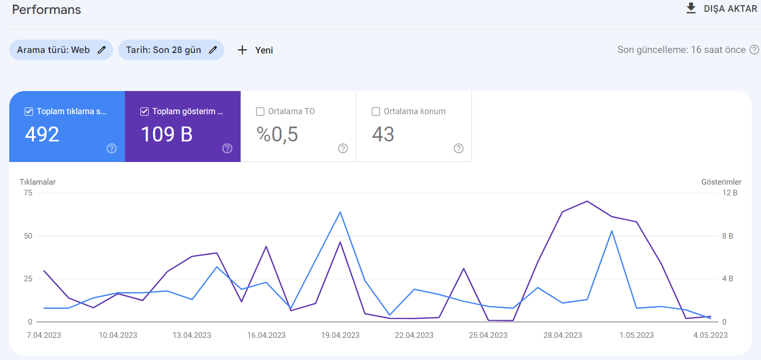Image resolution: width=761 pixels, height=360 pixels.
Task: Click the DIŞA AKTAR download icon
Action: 691,9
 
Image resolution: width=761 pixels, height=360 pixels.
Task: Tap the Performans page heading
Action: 47,10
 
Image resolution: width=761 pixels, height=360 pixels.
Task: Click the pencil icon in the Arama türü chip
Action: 102,50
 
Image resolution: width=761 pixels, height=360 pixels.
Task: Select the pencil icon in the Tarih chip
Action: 213,50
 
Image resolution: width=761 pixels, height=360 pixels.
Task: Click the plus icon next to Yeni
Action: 242,50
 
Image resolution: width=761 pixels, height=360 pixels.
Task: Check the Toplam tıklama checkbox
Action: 29,112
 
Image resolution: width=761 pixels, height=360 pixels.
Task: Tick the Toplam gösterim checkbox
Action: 144,112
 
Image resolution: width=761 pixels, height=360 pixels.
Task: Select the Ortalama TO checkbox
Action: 260,112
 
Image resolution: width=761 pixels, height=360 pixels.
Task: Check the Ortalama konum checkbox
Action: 376,112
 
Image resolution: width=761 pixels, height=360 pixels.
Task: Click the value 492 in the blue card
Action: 42,134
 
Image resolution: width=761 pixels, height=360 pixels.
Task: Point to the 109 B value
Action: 167,134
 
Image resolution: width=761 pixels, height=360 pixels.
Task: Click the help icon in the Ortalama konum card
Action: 459,149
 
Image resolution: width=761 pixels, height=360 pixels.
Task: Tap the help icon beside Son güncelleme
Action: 754,50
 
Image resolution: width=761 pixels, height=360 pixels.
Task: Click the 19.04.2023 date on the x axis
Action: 340,335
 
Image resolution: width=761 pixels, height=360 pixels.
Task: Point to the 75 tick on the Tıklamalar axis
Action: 28,193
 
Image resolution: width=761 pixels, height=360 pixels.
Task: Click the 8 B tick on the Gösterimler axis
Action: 728,236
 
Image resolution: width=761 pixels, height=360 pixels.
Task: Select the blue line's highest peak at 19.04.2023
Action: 340,212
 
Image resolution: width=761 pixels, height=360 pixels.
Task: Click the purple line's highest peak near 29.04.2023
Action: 587,201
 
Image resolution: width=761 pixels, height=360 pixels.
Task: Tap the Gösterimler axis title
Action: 721,182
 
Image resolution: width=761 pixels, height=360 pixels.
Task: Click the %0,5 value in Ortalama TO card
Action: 277,134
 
